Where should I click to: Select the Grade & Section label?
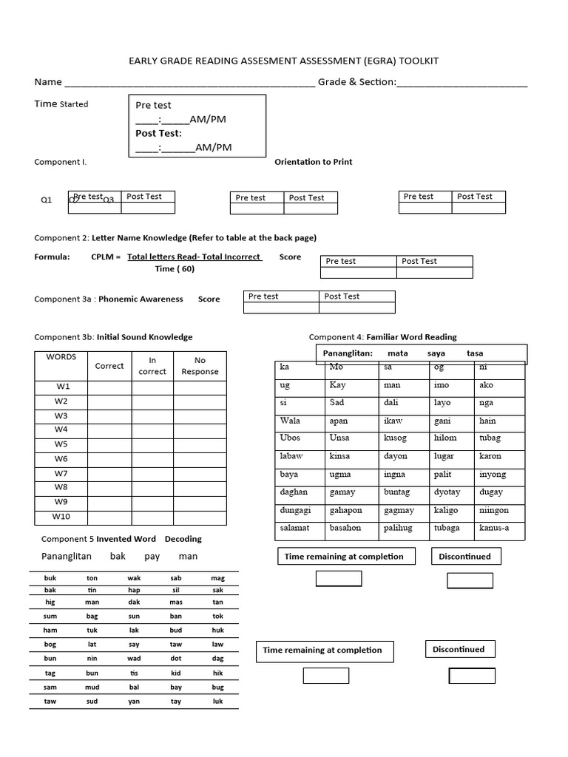click(356, 82)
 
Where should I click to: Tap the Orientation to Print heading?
click(313, 162)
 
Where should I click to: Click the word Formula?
click(52, 257)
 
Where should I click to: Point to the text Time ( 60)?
click(175, 269)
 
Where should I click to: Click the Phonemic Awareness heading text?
click(141, 299)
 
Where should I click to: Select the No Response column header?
click(200, 366)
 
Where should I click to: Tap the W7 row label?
click(61, 473)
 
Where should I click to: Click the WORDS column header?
click(61, 357)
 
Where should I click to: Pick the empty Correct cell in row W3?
click(109, 416)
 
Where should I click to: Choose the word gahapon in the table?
click(345, 510)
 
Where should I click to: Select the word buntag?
click(398, 492)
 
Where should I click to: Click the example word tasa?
click(474, 353)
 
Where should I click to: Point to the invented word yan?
click(134, 702)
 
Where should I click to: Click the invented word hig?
click(50, 603)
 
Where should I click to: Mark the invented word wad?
click(134, 658)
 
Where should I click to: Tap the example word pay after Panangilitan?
click(152, 557)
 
